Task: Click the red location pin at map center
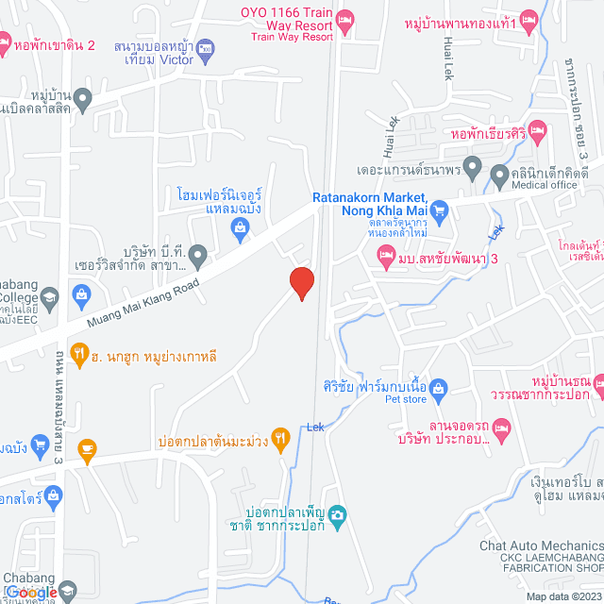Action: [301, 282]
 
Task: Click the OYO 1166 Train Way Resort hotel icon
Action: [345, 18]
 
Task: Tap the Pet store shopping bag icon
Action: [439, 387]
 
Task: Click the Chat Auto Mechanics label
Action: [541, 545]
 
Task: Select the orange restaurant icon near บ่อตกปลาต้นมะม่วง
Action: [280, 439]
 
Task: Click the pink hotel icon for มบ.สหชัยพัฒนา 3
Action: [385, 253]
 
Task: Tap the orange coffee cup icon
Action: [88, 447]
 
